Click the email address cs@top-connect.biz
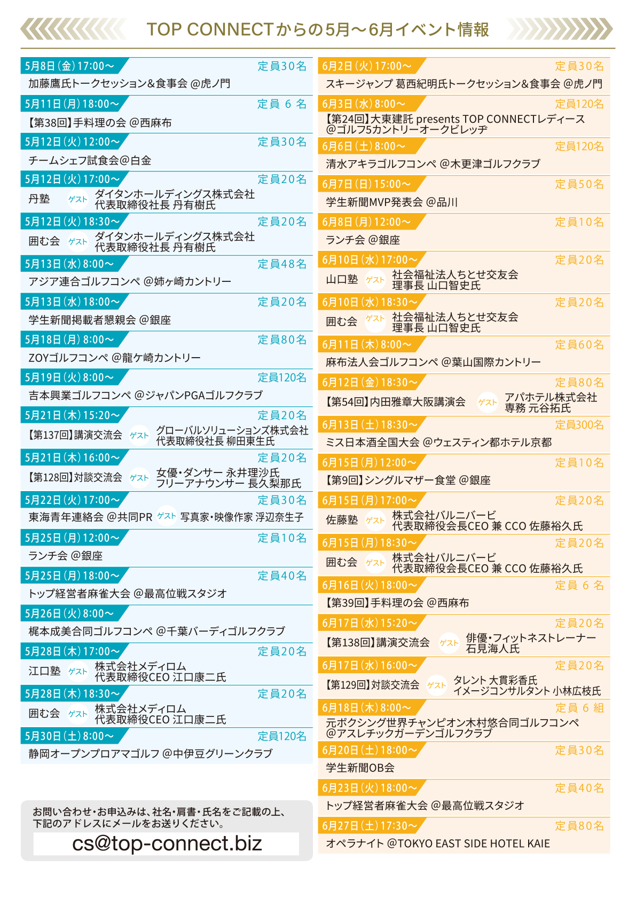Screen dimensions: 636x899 pyautogui.click(x=167, y=843)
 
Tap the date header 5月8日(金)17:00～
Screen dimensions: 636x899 pyautogui.click(x=69, y=66)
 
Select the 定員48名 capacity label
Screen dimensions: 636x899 pyautogui.click(x=282, y=264)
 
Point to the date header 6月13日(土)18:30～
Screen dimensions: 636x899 pyautogui.click(x=370, y=424)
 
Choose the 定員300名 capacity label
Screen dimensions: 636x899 pyautogui.click(x=579, y=424)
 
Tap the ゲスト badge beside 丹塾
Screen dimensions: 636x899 pyautogui.click(x=77, y=199)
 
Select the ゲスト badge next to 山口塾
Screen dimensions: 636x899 pyautogui.click(x=375, y=280)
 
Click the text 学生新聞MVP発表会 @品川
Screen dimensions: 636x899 pyautogui.click(x=391, y=202)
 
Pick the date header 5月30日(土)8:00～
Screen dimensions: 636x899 pyautogui.click(x=69, y=736)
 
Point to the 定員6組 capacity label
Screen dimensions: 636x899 pyautogui.click(x=579, y=707)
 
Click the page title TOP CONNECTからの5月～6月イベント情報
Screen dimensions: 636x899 pyautogui.click(x=318, y=29)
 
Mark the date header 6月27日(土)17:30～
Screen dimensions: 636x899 pyautogui.click(x=370, y=825)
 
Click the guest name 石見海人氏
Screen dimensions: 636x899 pyautogui.click(x=493, y=649)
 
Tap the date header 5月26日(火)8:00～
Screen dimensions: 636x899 pyautogui.click(x=69, y=613)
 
